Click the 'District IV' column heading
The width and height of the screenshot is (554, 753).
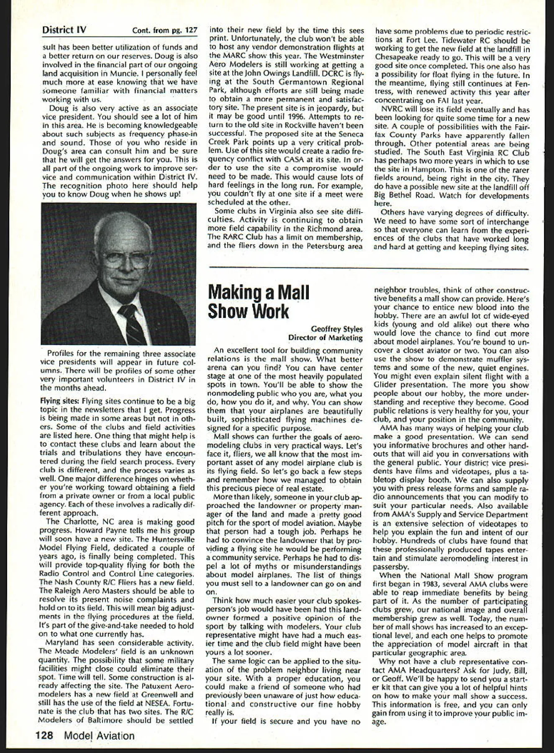click(64, 31)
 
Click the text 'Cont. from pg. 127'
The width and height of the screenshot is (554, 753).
click(164, 31)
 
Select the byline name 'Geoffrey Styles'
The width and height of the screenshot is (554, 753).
click(337, 329)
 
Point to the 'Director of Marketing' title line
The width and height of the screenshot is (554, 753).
click(326, 338)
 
